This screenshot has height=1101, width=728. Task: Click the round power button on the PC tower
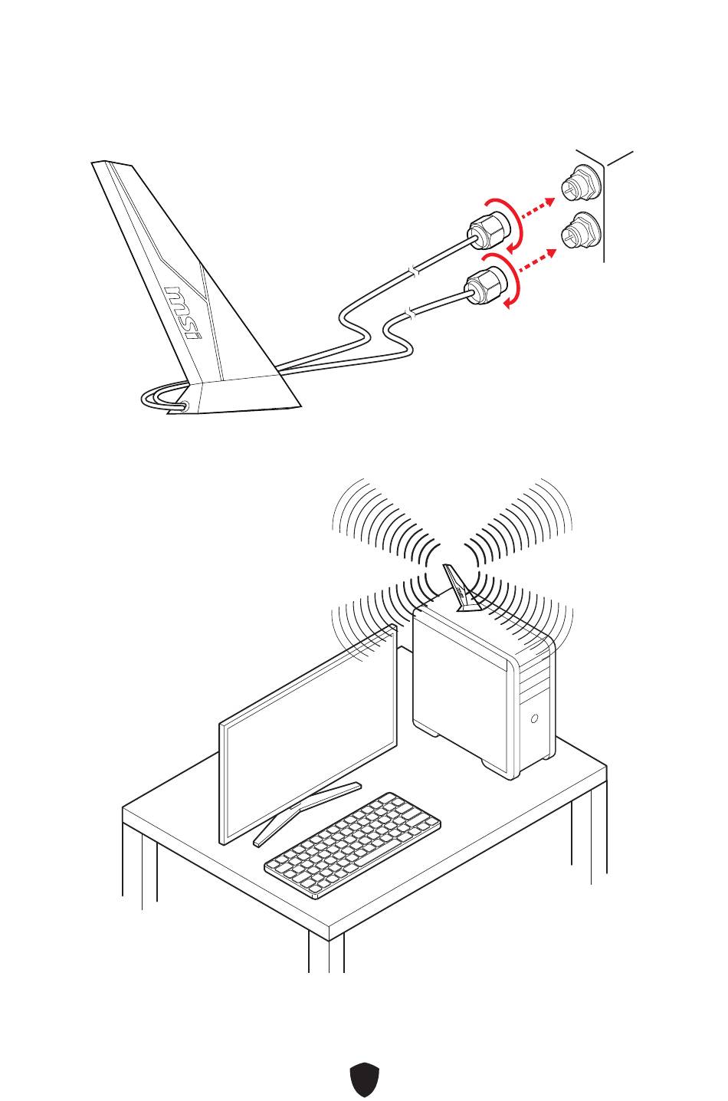534,719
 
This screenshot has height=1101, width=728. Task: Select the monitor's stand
307,812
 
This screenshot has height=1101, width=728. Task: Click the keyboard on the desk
353,844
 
